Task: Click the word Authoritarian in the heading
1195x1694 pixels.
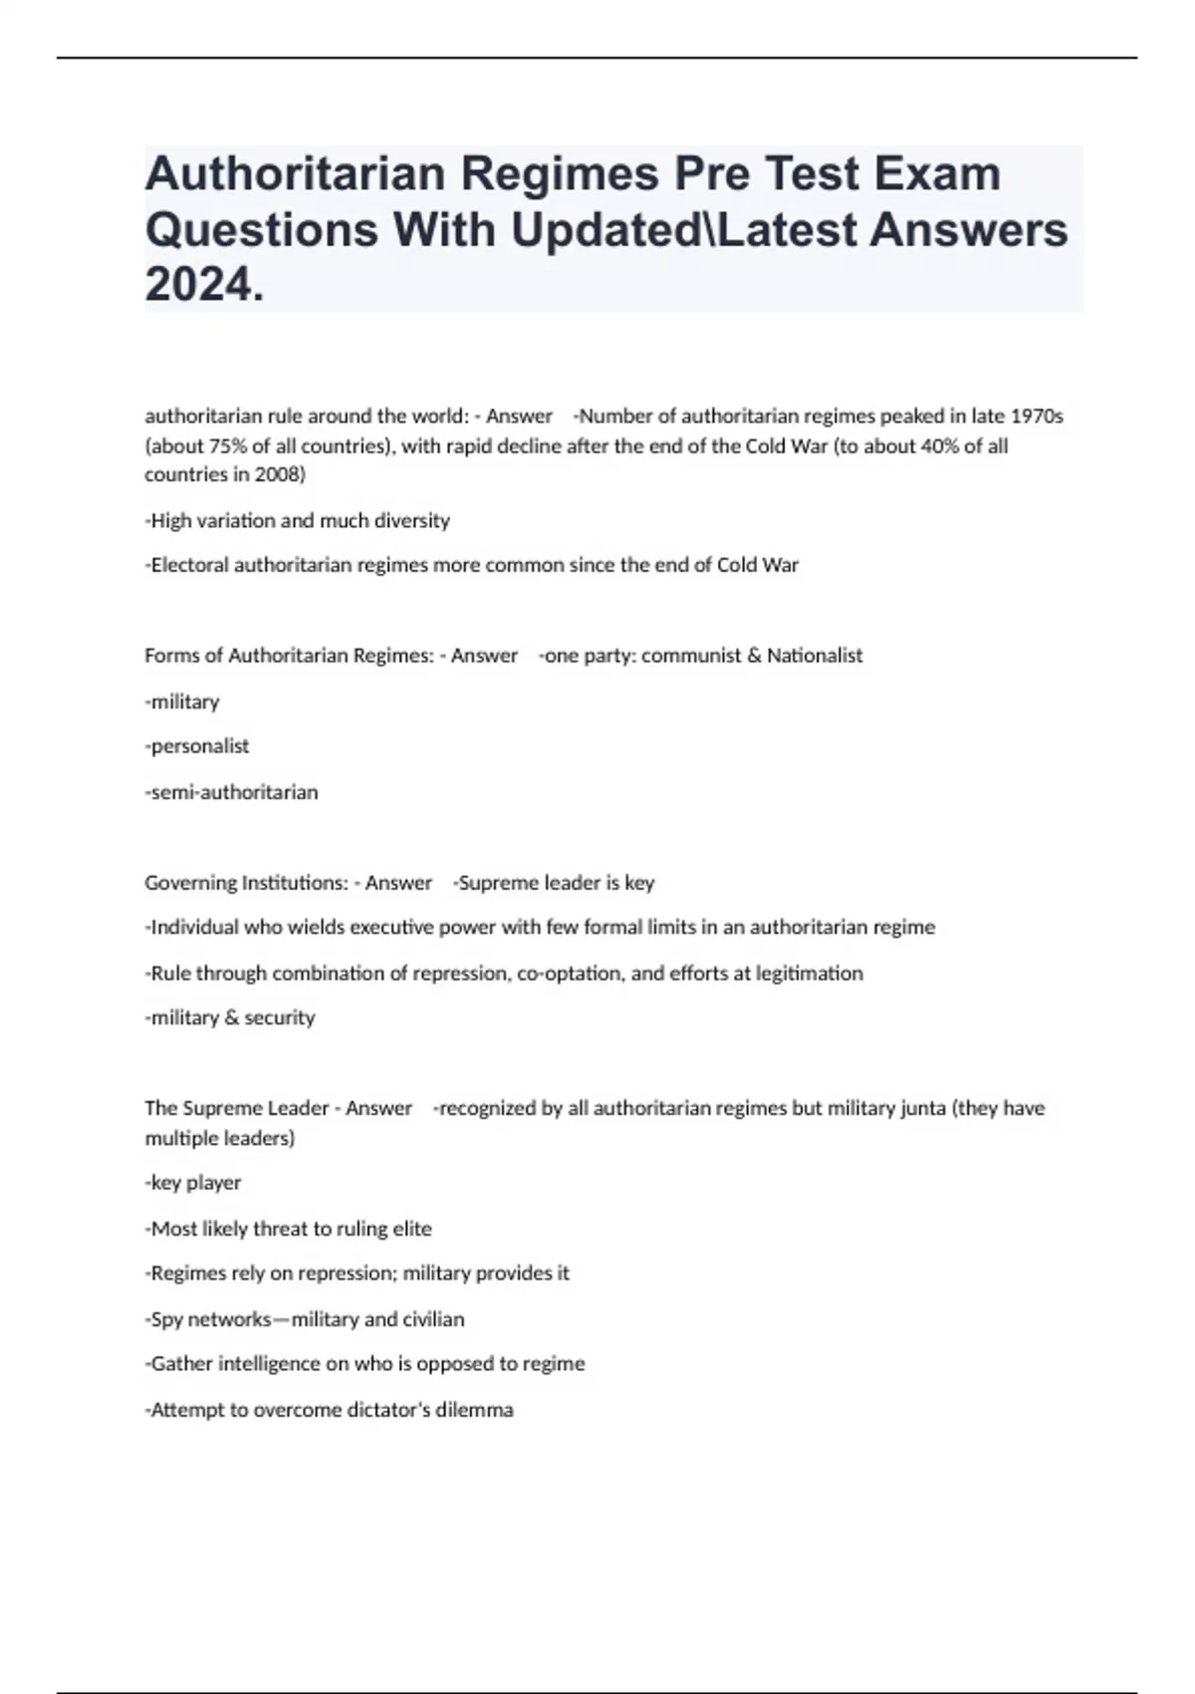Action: coord(295,174)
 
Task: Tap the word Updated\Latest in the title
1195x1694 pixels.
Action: coord(684,230)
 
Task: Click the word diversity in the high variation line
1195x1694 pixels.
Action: coord(408,520)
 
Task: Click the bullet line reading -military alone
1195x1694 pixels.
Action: coord(183,702)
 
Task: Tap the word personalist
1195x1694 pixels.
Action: coord(198,746)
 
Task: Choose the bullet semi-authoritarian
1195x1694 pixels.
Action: coord(233,792)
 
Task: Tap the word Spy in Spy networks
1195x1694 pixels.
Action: coord(168,1319)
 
